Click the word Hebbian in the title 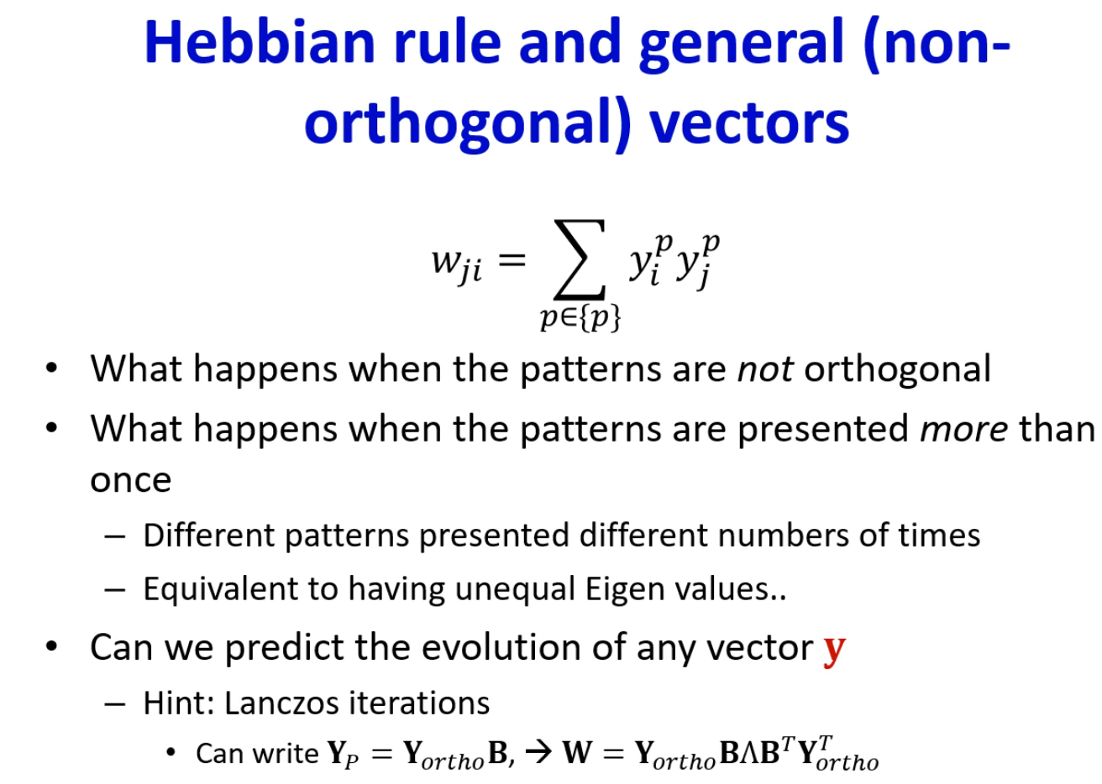tap(260, 42)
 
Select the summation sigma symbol tap(580, 259)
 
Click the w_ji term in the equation tap(457, 264)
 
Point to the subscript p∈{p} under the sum tap(580, 318)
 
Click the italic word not tap(765, 368)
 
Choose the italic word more tap(963, 429)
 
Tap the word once tap(131, 480)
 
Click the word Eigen tap(625, 590)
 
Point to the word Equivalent tap(220, 589)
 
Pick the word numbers tap(783, 536)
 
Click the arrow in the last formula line tap(538, 753)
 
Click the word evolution tap(501, 647)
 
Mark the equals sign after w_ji tap(512, 260)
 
